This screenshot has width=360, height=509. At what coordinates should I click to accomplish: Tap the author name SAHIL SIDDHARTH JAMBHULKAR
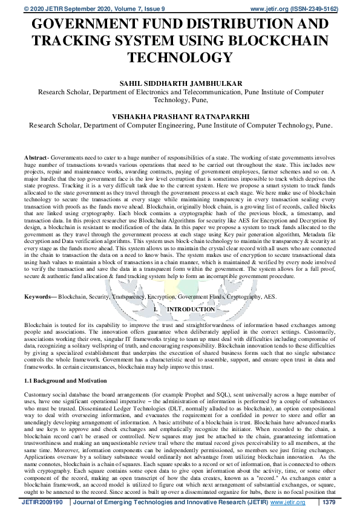click(180, 84)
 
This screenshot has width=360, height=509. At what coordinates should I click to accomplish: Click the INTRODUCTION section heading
click(191, 310)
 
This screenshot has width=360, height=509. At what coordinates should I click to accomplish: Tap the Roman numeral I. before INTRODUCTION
click(156, 310)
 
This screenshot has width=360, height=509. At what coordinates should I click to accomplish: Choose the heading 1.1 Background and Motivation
click(65, 381)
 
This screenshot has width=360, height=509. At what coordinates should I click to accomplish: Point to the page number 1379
click(329, 502)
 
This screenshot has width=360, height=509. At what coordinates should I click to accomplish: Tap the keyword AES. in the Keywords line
click(270, 297)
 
